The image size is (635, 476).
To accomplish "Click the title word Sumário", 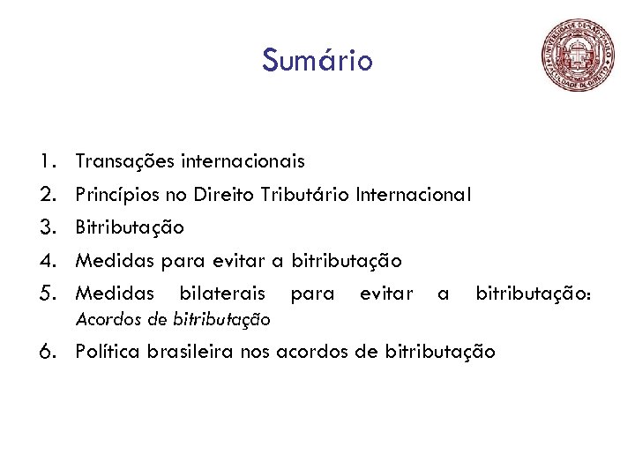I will pos(317,61).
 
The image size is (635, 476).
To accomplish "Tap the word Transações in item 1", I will pos(125,161).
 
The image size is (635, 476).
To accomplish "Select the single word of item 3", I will pos(130,227).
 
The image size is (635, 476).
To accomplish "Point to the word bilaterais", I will pos(221,293).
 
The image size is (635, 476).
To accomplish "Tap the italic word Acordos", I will pos(103,317).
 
